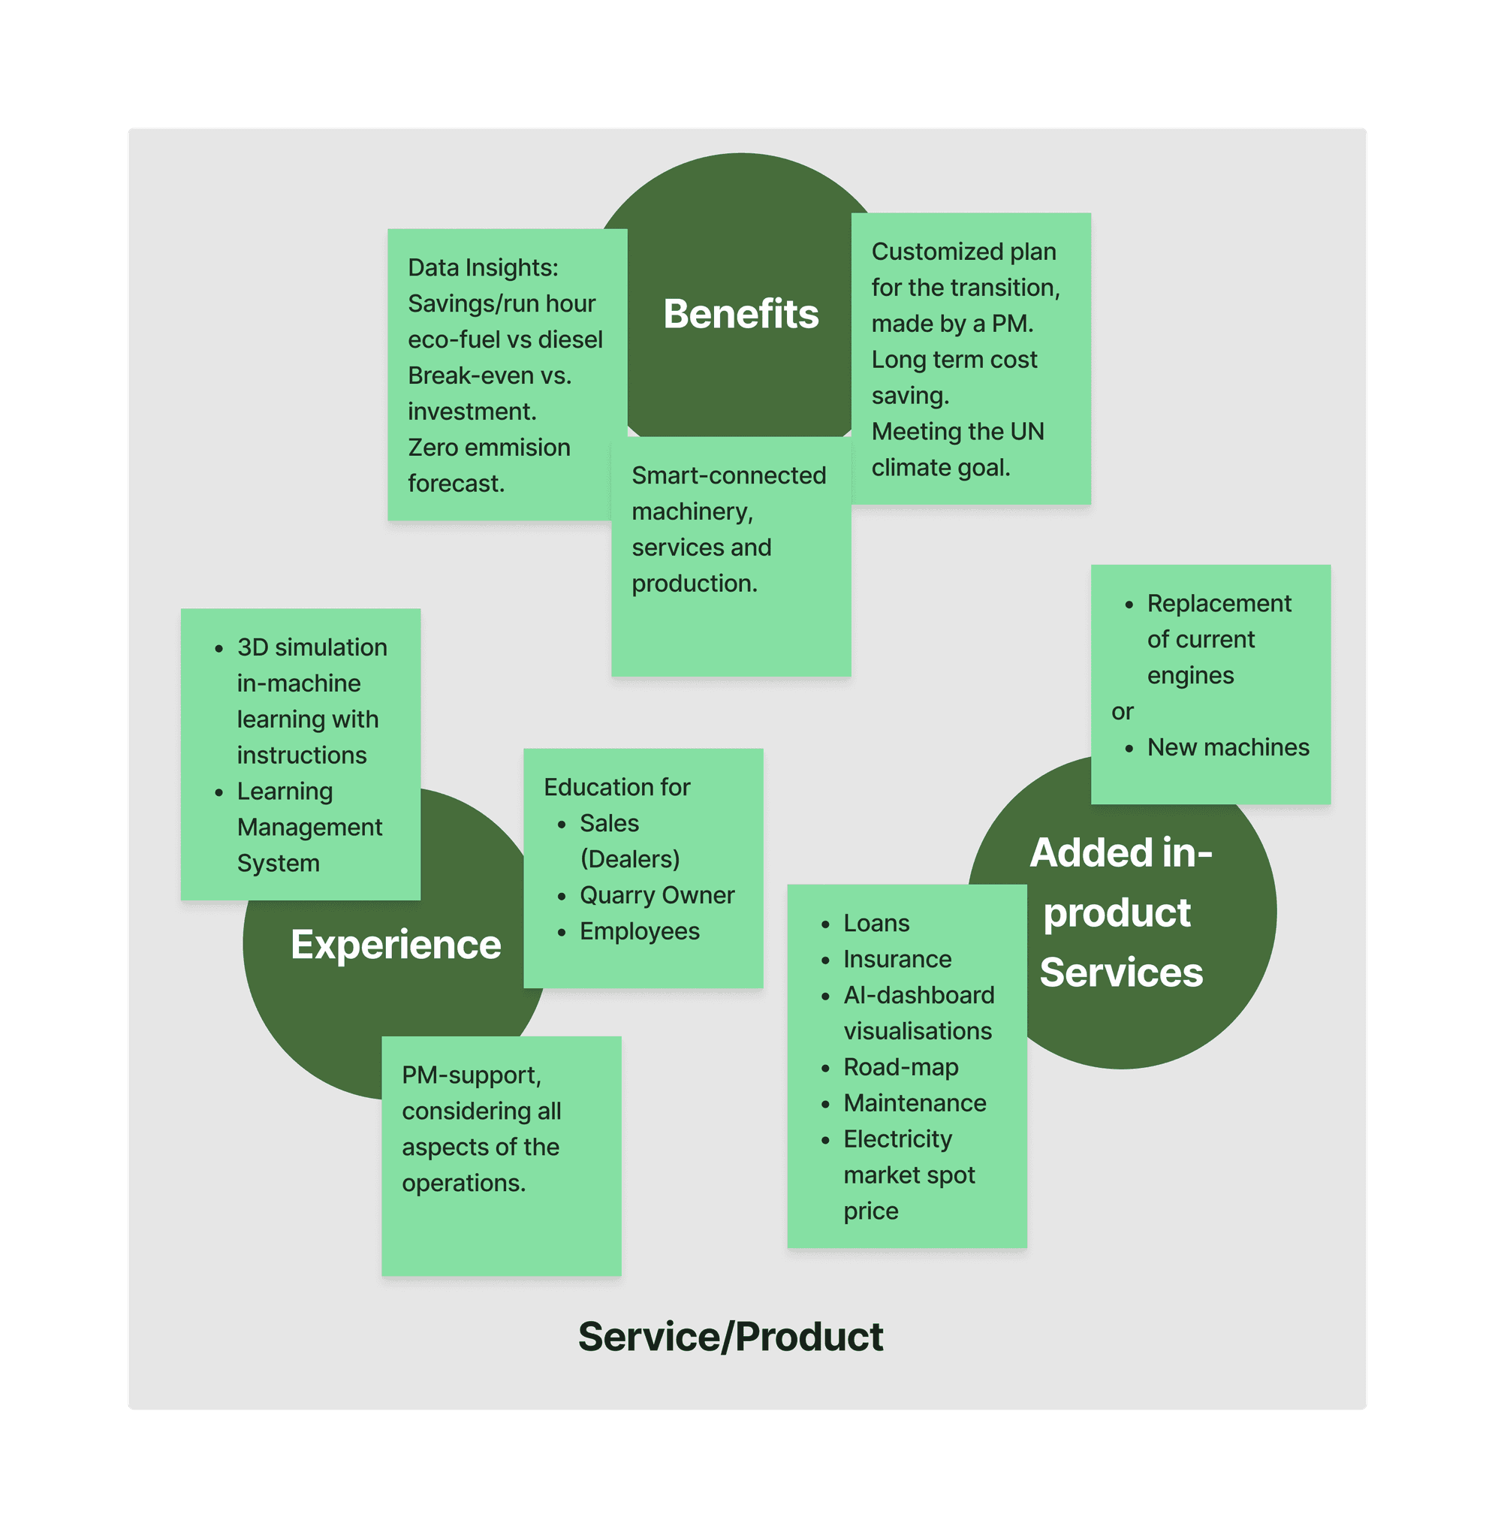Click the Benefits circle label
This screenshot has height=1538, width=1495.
(740, 314)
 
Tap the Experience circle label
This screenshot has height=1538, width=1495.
(396, 945)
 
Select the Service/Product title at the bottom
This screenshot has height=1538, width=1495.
(730, 1336)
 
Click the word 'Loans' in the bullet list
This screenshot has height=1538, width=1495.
(876, 923)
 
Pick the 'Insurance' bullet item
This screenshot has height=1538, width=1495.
(897, 960)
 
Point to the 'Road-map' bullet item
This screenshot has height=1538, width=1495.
(900, 1067)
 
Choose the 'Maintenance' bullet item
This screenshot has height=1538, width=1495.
(915, 1103)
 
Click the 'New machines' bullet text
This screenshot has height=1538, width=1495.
(1228, 747)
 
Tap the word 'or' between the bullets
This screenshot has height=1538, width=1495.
(1122, 711)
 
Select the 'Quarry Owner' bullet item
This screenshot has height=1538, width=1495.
(657, 895)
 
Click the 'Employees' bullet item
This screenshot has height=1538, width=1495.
(639, 931)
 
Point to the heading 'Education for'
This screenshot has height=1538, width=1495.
(616, 788)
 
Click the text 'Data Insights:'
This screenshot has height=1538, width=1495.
(483, 267)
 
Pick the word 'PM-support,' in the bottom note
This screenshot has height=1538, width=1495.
(471, 1075)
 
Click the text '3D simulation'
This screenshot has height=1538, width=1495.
(312, 647)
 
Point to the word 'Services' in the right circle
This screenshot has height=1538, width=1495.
(1120, 973)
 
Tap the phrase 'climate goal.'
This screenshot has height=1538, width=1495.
(941, 468)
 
